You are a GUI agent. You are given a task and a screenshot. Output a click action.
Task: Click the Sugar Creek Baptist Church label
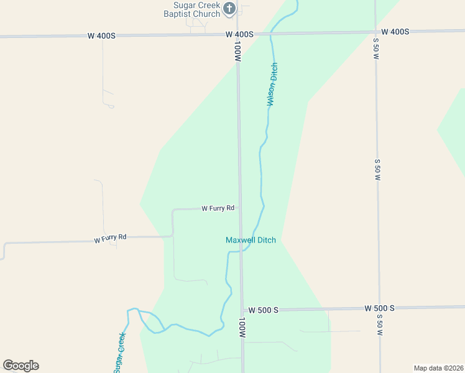pos(193,9)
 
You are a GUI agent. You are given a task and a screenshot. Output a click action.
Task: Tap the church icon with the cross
pos(229,8)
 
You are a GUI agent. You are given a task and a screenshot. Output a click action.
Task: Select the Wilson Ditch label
pos(272,84)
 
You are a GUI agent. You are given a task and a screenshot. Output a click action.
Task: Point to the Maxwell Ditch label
pos(251,240)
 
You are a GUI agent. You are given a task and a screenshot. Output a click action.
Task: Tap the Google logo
pos(21,366)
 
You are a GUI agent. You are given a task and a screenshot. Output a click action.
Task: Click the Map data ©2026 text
pos(438,368)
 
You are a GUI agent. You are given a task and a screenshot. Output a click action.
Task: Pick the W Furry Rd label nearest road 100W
pos(218,208)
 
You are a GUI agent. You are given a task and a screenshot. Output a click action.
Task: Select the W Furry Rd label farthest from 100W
pos(110,237)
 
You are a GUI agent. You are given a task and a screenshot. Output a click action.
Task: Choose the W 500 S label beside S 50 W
pos(379,308)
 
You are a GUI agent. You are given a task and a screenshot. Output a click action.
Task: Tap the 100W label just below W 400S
pos(237,51)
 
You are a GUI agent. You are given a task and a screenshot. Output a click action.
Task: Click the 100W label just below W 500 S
pos(242,328)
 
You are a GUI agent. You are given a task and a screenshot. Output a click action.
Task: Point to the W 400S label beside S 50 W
pos(395,32)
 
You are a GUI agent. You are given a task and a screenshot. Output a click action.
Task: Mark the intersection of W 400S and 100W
pos(237,34)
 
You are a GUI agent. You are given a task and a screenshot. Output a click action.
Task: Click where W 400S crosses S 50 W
pos(375,31)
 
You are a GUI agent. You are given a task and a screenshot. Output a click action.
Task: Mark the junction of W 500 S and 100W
pos(242,310)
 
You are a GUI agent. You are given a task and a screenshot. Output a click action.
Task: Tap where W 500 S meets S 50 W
pos(379,308)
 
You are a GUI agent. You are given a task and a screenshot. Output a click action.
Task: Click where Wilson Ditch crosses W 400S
pos(271,34)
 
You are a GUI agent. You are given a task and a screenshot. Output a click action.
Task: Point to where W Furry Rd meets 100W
pos(239,208)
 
